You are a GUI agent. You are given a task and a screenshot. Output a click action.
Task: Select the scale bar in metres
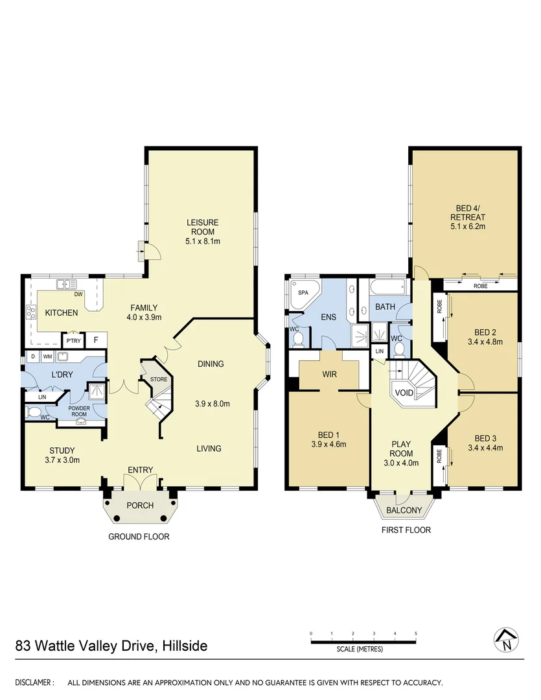363,642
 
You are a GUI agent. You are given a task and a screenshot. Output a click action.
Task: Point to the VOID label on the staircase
404,393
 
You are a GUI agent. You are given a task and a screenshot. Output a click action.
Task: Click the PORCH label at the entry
139,506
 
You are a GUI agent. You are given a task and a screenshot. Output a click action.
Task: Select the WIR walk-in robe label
330,375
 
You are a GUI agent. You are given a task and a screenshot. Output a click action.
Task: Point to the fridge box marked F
95,340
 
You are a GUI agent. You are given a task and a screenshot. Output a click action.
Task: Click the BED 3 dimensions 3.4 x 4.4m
485,447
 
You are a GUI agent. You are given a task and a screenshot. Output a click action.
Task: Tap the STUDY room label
62,450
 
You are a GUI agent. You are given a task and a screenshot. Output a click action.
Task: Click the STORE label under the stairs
159,379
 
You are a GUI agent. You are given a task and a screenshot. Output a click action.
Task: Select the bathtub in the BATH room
387,286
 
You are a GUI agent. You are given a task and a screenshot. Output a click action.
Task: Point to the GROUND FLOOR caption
139,537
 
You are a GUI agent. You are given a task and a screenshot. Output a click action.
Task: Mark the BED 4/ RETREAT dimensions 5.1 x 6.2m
466,227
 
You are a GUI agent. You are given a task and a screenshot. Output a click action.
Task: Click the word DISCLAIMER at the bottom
34,682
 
